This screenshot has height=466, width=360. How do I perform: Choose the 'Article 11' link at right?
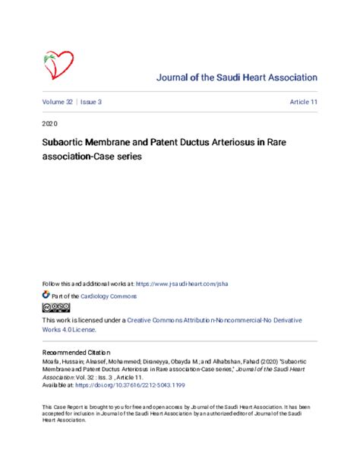pos(303,101)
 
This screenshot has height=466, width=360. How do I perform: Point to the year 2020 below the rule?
pos(49,122)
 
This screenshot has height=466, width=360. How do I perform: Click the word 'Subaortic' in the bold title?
pos(63,141)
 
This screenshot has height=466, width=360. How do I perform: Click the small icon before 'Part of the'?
pos(46,294)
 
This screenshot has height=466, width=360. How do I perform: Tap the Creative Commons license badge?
pos(56,308)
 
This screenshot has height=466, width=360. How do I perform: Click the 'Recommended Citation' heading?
pos(76,353)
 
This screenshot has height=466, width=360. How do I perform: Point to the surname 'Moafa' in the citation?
pos(50,362)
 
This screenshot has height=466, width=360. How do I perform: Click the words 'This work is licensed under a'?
pos(83,321)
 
